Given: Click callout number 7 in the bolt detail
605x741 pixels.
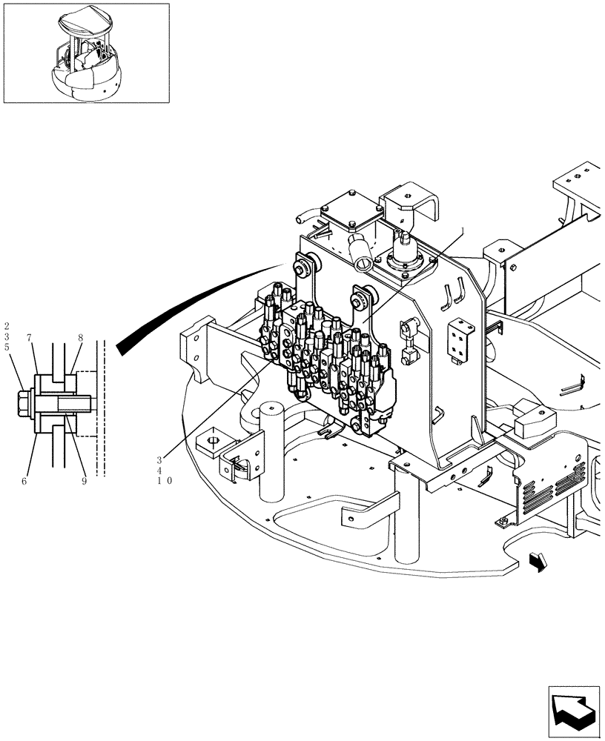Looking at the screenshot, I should [x=30, y=338].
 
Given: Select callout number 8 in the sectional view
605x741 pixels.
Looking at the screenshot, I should [x=80, y=338].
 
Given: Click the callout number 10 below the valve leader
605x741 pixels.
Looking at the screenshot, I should [x=165, y=480].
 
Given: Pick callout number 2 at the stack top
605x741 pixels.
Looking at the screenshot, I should [x=7, y=325].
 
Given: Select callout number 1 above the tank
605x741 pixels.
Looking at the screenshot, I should [x=465, y=231].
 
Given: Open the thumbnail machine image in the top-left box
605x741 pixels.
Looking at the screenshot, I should [x=86, y=53].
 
